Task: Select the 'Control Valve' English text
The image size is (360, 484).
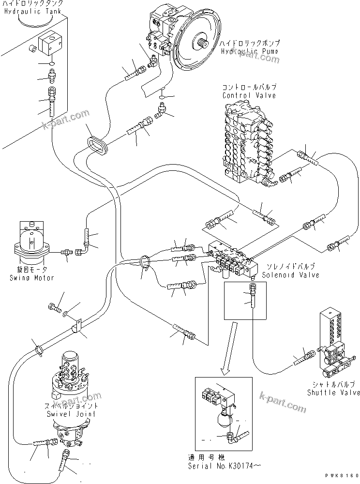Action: (249, 95)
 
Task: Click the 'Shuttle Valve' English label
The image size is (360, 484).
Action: (333, 393)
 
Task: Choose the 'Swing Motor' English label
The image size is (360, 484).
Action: (31, 278)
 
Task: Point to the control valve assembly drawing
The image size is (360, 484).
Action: (247, 145)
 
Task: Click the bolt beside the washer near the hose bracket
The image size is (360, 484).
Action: (54, 308)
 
